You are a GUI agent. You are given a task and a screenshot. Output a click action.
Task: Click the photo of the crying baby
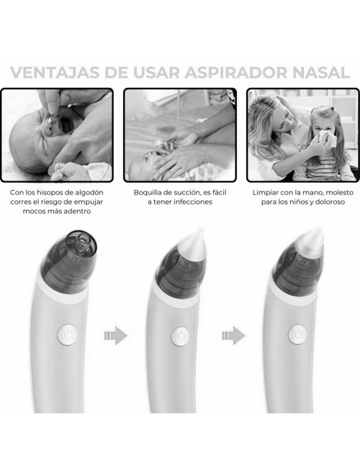(57, 135)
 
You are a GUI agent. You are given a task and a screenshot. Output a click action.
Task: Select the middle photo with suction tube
(180, 135)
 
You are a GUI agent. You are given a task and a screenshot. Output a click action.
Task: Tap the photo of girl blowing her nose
(302, 135)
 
